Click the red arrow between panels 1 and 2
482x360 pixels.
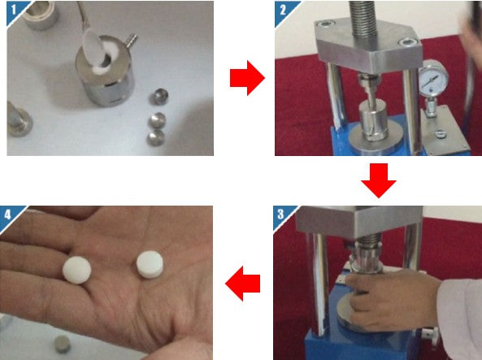(x=247, y=78)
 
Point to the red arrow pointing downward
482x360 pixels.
(x=379, y=180)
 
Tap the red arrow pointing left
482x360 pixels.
(x=243, y=283)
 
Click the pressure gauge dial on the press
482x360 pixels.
(x=433, y=77)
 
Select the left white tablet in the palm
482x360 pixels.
(x=77, y=270)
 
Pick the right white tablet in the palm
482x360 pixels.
(x=150, y=265)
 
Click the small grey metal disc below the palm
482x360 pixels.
(x=62, y=344)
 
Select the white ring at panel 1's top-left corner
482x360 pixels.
(x=41, y=15)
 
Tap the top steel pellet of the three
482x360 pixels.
(x=159, y=97)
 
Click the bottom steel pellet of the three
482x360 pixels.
(x=156, y=137)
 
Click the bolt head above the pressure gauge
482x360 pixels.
(x=407, y=42)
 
